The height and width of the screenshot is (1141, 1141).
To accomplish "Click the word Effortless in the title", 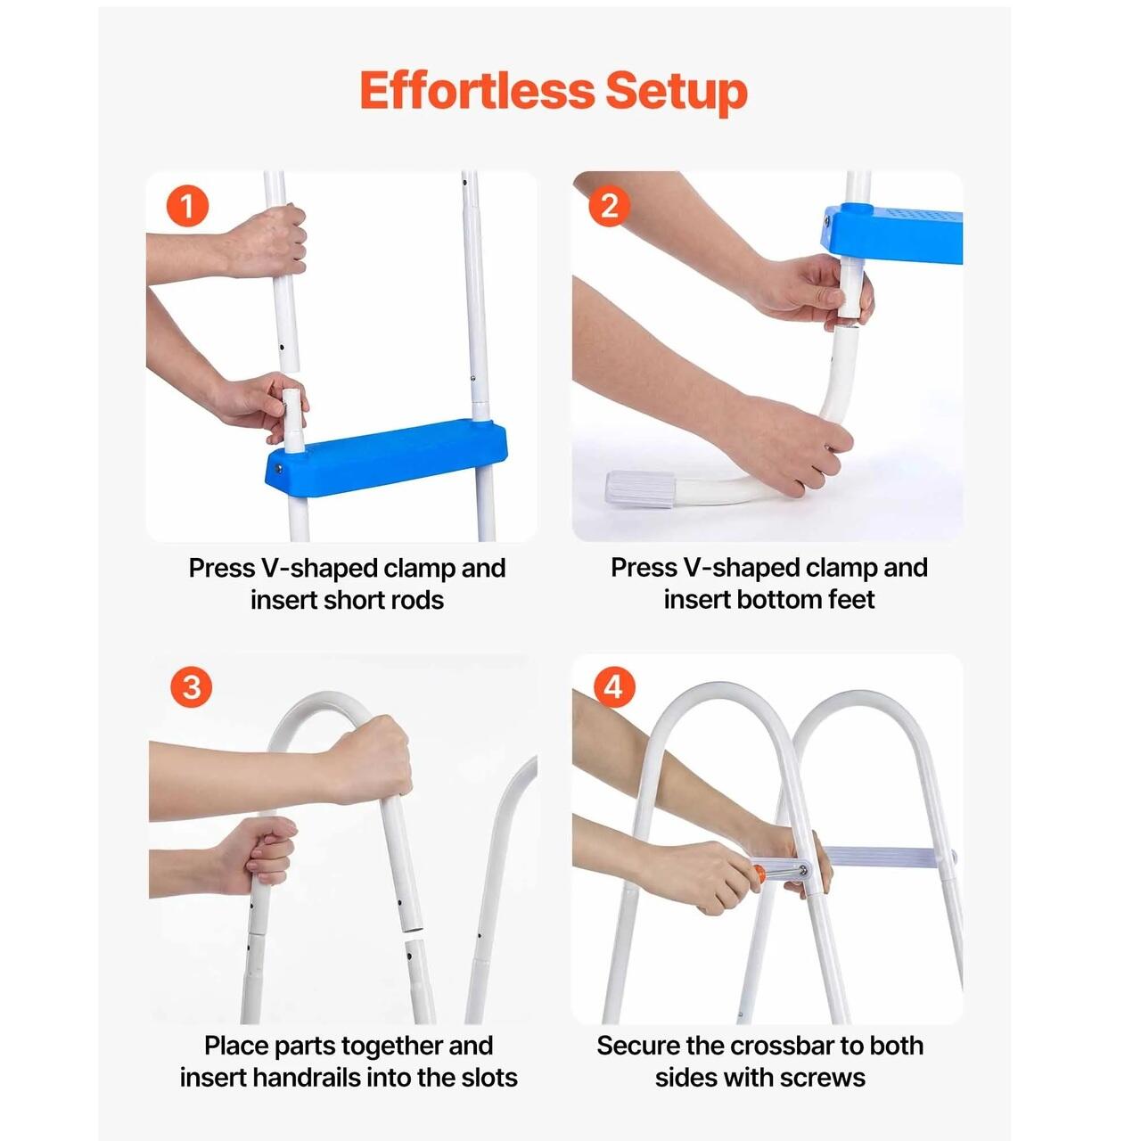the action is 477,91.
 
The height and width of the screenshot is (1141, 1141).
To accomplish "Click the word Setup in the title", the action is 676,94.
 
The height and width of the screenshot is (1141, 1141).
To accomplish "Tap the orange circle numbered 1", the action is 187,207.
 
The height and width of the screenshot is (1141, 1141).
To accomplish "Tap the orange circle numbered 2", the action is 610,206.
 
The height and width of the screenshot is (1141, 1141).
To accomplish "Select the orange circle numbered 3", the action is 191,687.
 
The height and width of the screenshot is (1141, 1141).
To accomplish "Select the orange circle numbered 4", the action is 613,687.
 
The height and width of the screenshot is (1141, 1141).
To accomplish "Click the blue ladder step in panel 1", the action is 386,456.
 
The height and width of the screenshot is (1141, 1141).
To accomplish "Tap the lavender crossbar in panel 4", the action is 888,858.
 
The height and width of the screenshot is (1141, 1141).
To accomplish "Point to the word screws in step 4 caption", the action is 823,1079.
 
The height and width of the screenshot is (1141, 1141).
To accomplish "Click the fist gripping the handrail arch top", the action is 370,761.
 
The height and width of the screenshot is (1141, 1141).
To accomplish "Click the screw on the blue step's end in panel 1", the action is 278,468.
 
